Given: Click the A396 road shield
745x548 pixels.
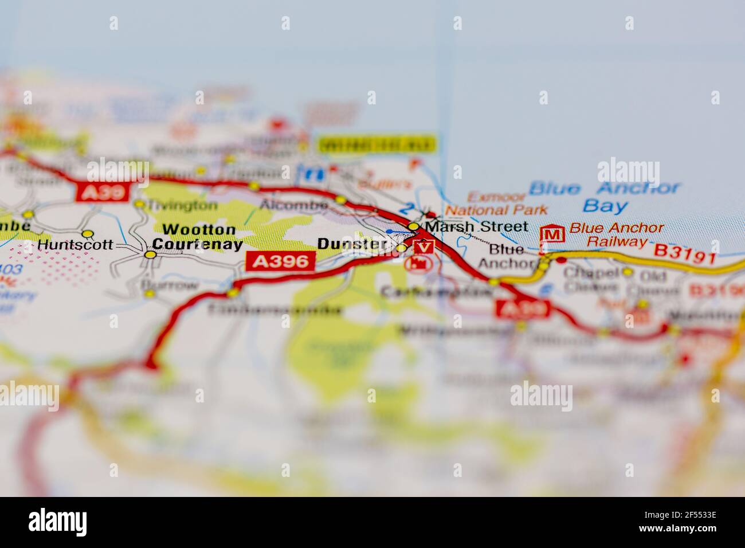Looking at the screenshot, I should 280,261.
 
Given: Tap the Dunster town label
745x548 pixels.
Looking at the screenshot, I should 351,244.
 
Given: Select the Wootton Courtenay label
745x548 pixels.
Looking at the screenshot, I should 199,237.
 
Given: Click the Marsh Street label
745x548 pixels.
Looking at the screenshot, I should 476,226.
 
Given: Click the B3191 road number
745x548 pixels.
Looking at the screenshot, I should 685,252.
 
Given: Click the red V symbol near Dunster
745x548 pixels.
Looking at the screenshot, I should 424,247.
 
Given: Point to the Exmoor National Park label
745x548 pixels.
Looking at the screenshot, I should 496,203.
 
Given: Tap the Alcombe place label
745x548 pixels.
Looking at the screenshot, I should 293,205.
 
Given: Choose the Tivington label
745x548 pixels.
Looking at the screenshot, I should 183,205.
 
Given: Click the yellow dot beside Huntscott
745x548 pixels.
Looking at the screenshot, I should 88,234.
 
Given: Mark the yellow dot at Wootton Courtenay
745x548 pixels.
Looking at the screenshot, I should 150,254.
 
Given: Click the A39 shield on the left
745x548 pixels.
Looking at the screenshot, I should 101,193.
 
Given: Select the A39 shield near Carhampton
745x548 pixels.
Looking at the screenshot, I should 522,309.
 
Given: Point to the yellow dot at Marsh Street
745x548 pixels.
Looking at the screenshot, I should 413,226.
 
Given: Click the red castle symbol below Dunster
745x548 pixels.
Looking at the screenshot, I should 417,264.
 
